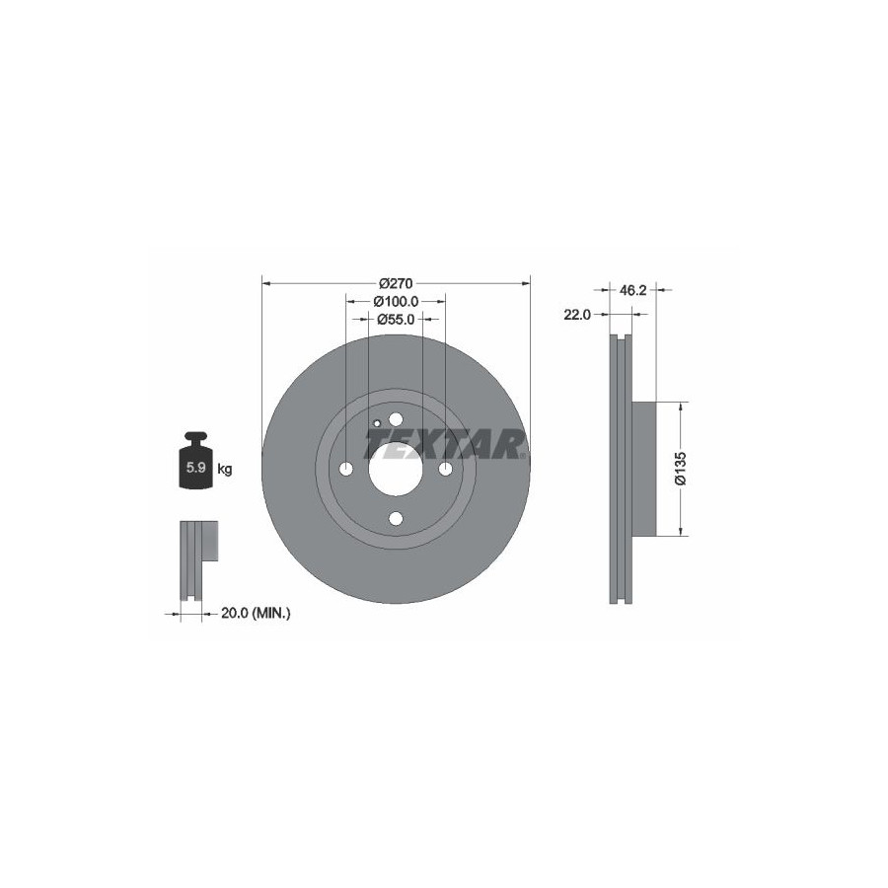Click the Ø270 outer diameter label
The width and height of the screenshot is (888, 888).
[x=396, y=282]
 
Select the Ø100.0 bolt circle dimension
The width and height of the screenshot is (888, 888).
[x=396, y=301]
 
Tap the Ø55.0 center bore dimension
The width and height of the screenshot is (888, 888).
[x=396, y=320]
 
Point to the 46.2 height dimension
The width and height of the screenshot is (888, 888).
[x=632, y=290]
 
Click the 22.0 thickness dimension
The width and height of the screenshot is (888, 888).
[x=577, y=315]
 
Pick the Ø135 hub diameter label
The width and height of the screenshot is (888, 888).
[x=681, y=469]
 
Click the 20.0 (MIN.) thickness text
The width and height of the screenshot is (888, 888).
[x=256, y=613]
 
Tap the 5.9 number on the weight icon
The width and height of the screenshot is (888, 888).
[x=196, y=468]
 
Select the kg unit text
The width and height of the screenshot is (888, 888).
[x=225, y=469]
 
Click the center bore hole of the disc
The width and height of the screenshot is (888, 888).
[x=396, y=469]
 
